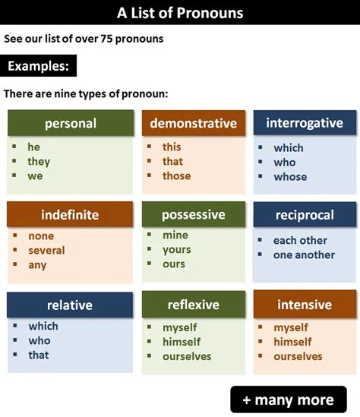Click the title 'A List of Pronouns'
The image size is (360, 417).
[x=180, y=12]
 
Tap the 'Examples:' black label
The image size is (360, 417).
[x=39, y=66]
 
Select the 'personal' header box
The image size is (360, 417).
[x=71, y=123]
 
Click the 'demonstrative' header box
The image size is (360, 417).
[x=194, y=123]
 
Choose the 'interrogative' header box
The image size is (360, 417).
[x=304, y=123]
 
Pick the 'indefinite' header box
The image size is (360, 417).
[x=70, y=214]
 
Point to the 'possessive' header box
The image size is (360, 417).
[x=194, y=214]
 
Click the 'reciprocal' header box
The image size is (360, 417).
[x=304, y=215]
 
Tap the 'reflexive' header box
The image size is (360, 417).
[x=194, y=305]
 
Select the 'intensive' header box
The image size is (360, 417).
[x=304, y=305]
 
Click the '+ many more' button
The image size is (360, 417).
[x=289, y=400]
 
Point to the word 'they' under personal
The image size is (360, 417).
[x=39, y=161]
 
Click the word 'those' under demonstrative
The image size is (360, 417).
[x=176, y=175]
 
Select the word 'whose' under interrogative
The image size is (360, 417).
[x=290, y=176]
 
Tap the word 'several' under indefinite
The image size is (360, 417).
[x=46, y=250]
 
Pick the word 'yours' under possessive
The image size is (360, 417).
[x=176, y=249]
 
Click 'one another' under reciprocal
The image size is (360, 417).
[x=304, y=254]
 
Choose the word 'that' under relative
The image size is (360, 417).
[x=38, y=355]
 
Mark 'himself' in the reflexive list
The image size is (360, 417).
[x=182, y=341]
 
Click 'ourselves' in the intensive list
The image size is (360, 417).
[x=298, y=356]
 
